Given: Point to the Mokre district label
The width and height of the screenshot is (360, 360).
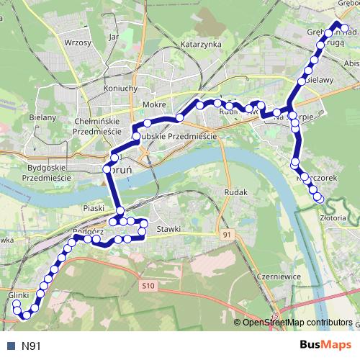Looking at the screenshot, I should (155, 105).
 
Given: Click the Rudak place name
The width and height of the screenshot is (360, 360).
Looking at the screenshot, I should (236, 193).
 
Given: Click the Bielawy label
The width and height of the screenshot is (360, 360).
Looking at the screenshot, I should (320, 81).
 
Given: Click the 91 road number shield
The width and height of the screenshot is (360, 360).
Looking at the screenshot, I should (228, 235).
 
